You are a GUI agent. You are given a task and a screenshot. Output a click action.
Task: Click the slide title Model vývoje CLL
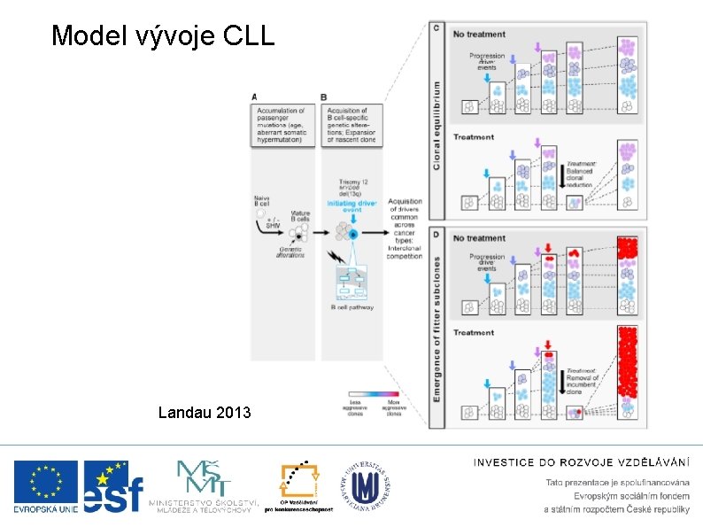point(163,35)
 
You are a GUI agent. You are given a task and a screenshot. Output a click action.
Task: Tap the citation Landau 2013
point(204,412)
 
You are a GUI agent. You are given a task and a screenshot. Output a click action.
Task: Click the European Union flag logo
point(45,486)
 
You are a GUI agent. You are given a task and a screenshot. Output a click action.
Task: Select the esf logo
point(113,487)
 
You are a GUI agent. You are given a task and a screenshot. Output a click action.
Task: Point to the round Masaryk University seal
point(365,486)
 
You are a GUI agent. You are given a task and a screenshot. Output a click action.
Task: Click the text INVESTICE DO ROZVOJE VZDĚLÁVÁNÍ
point(582,461)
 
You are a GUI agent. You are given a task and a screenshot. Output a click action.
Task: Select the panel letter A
point(255,97)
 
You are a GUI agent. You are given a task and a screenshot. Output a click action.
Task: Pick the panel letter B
point(324,97)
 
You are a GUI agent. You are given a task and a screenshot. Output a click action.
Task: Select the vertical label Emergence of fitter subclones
point(436,329)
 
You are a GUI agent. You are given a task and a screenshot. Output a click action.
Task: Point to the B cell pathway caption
point(352,307)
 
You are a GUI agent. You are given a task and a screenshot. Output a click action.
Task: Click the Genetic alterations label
point(291,252)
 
